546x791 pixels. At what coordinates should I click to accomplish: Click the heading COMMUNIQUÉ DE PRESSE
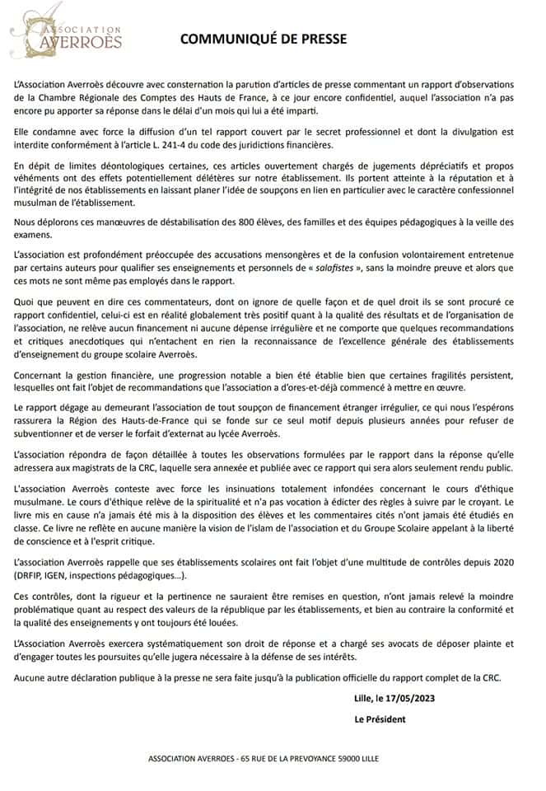point(264,39)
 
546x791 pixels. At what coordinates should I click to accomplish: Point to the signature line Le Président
point(380,718)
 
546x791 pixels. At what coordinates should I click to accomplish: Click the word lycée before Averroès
point(229,434)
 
